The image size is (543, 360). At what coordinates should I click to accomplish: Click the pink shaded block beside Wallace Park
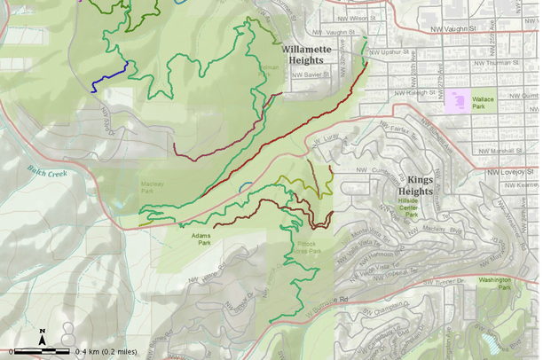459,100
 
